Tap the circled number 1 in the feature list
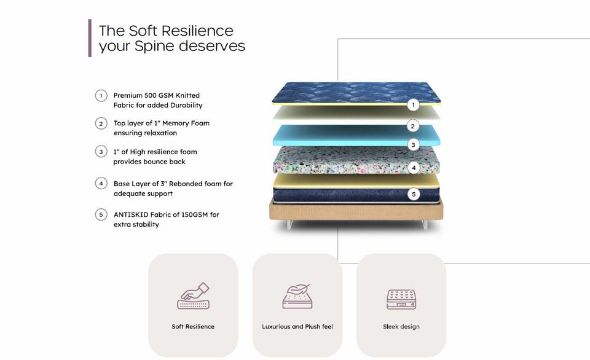[101, 96]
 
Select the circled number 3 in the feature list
[101, 152]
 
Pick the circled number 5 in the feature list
[101, 215]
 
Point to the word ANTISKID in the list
[130, 215]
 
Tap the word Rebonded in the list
[187, 184]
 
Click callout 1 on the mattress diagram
[414, 105]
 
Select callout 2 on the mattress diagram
[413, 126]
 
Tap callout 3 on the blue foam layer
[414, 146]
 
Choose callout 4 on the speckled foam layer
[414, 168]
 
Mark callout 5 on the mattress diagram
[414, 194]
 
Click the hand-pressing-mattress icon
[193, 296]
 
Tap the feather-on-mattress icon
[297, 296]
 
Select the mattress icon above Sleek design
[401, 299]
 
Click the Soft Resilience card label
[193, 327]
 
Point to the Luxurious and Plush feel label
[297, 327]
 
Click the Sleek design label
[401, 327]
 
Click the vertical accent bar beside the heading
[90, 38]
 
